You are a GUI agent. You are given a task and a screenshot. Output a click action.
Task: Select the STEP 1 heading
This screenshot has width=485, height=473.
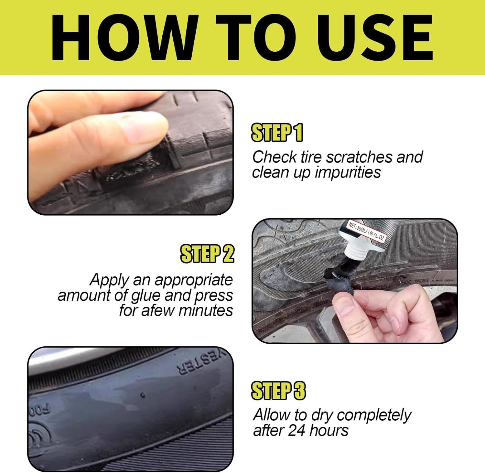[x=277, y=133]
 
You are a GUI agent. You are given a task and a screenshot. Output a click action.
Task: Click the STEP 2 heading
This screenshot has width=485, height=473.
[x=207, y=254]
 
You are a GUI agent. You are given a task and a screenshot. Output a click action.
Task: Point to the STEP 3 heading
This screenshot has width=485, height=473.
[x=278, y=391]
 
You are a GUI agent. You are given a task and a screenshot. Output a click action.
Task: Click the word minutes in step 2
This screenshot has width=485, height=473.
[x=205, y=310]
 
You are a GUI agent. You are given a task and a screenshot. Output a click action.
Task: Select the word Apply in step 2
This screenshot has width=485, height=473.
[x=109, y=280]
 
